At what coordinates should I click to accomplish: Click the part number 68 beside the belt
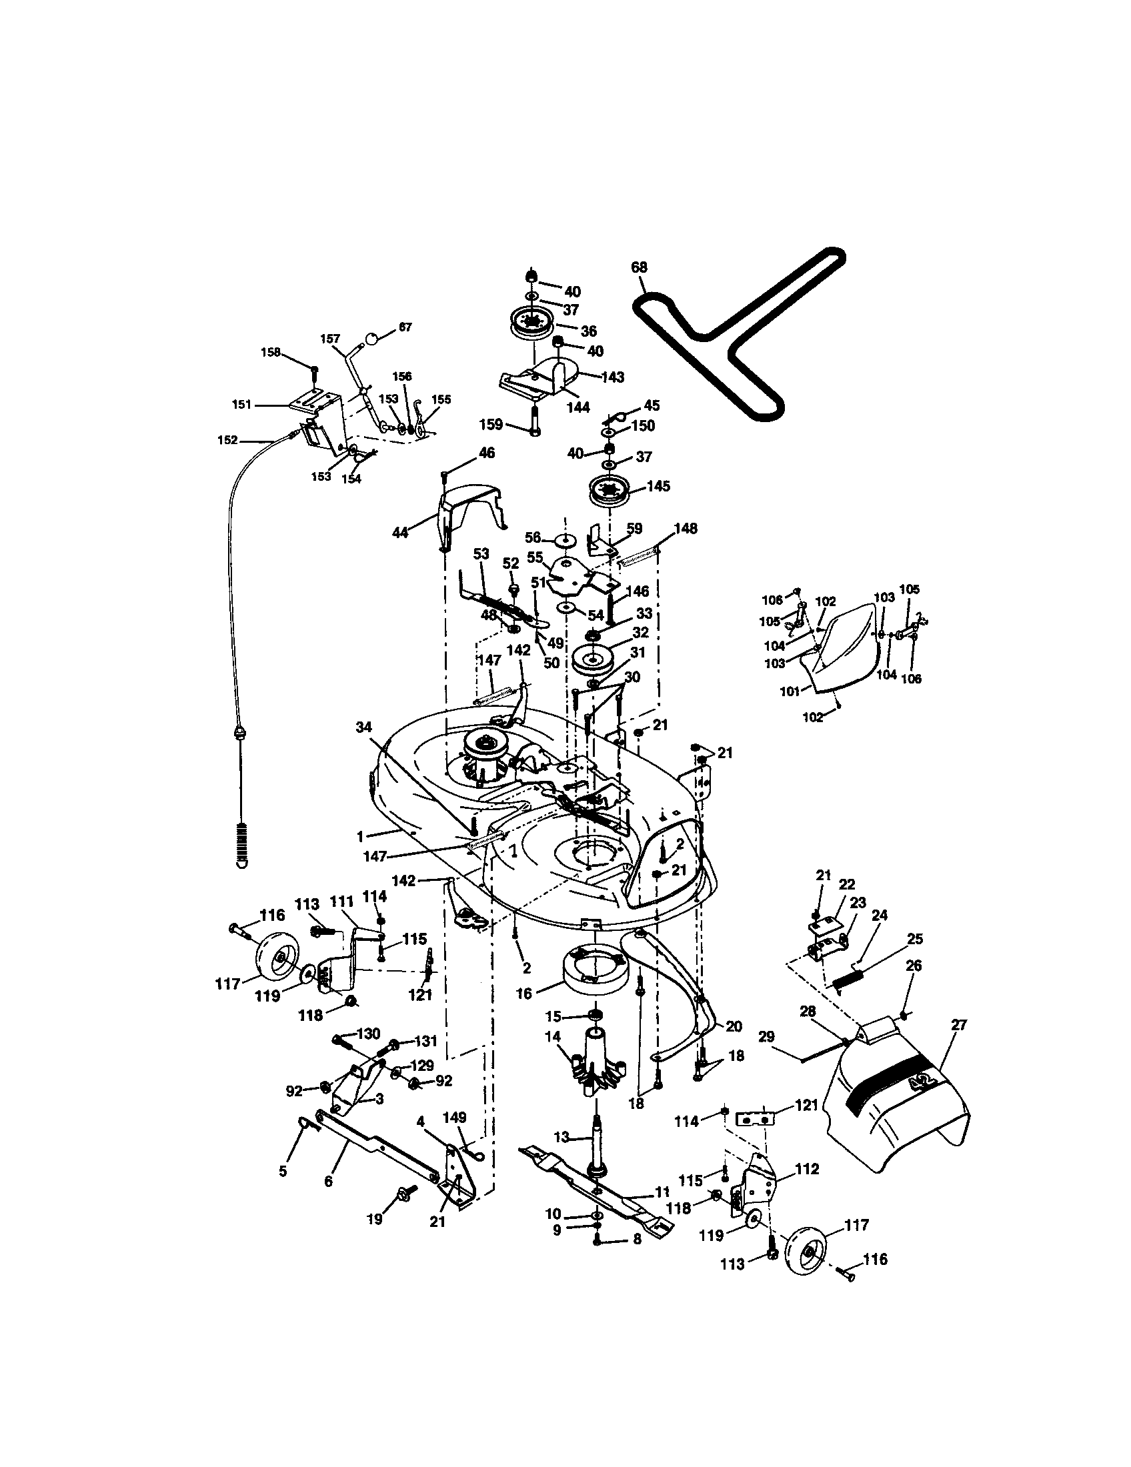pyautogui.click(x=639, y=267)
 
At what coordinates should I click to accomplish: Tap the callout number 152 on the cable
pyautogui.click(x=227, y=440)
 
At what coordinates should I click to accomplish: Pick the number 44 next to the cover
pyautogui.click(x=401, y=533)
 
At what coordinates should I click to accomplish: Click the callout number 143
pyautogui.click(x=612, y=377)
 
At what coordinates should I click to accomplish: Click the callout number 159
pyautogui.click(x=491, y=425)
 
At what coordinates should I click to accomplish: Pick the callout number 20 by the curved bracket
pyautogui.click(x=734, y=1026)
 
